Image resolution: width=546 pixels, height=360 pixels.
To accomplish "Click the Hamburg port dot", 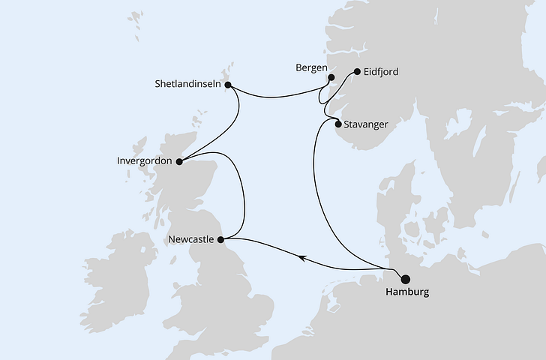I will tap(396, 277).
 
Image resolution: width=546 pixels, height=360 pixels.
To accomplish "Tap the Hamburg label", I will tap(407, 292).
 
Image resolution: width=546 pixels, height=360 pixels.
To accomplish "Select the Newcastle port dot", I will tap(220, 239).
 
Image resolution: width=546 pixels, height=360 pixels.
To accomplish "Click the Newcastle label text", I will tap(191, 240).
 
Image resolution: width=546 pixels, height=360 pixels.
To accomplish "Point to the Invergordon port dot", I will tap(178, 160).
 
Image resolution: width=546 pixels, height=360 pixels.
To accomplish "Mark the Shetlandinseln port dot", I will tap(227, 85).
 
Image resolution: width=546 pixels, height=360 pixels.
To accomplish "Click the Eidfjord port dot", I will tap(355, 73).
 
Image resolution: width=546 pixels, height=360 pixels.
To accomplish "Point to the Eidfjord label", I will tap(380, 73).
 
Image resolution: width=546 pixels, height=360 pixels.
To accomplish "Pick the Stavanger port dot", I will tap(338, 124).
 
